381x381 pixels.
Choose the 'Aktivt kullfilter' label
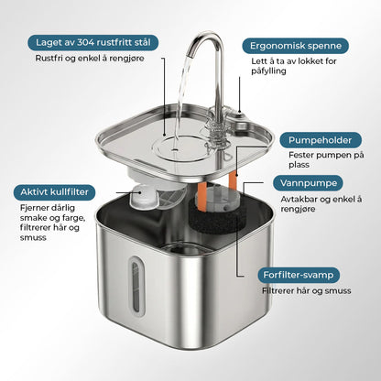click(x=56, y=193)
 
